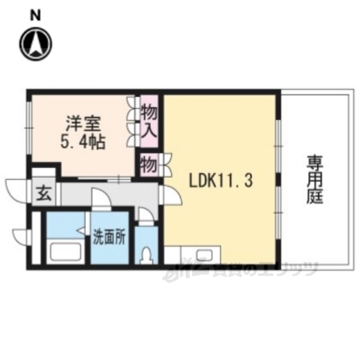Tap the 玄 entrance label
[43, 193]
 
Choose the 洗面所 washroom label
[109, 240]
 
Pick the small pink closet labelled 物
[148, 163]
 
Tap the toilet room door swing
[146, 216]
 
